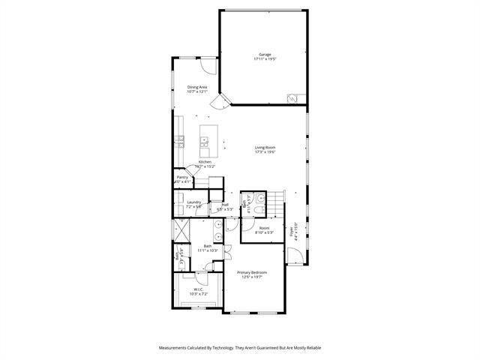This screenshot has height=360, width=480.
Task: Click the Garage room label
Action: pyautogui.click(x=265, y=55)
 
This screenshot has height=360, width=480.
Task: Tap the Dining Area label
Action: pyautogui.click(x=197, y=88)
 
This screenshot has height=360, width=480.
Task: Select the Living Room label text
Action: pyautogui.click(x=265, y=148)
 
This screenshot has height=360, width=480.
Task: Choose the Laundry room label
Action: pyautogui.click(x=193, y=202)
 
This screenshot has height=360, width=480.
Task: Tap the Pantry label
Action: pyautogui.click(x=182, y=177)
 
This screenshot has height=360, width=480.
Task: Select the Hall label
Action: pyautogui.click(x=224, y=204)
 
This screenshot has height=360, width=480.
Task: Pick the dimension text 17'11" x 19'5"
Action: pyautogui.click(x=265, y=59)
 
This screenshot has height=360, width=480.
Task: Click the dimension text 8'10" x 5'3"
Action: pyautogui.click(x=264, y=232)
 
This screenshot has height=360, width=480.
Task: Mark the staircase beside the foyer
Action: pyautogui.click(x=277, y=202)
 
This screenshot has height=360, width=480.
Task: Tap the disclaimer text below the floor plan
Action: pyautogui.click(x=240, y=348)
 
